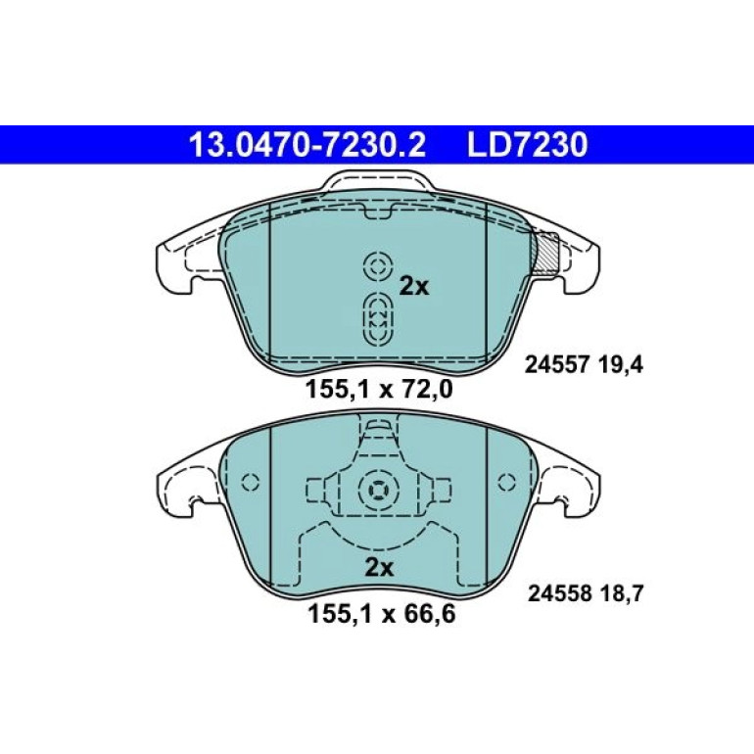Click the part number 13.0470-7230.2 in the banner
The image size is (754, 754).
[307, 145]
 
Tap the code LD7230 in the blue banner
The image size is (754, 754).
[528, 145]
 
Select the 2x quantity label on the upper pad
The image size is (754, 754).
[414, 287]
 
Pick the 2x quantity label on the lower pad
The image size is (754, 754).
[379, 568]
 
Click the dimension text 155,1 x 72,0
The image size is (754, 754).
[379, 389]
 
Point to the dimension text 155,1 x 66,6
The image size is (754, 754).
[381, 614]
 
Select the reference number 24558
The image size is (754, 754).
[560, 593]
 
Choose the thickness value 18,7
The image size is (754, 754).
[622, 593]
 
